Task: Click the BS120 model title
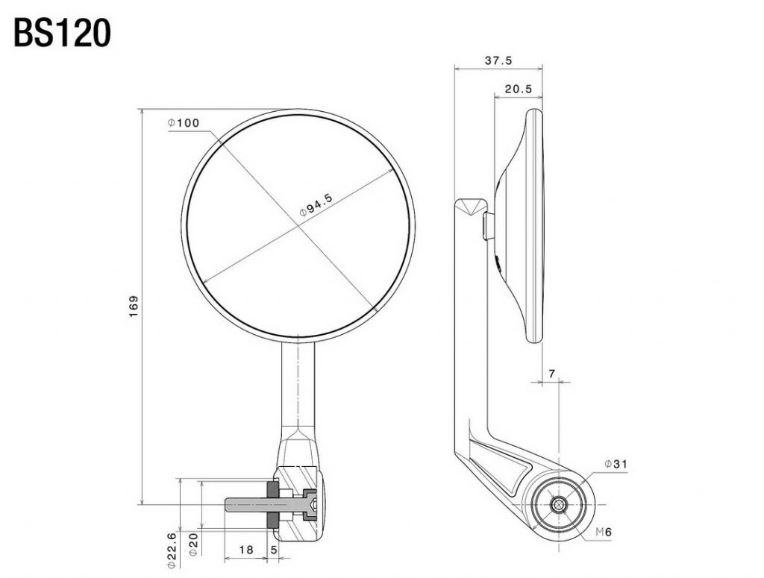point(62,33)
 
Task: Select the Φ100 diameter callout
point(184,123)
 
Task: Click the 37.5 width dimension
point(498,60)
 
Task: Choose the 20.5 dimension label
point(519,89)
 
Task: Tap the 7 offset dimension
point(551,374)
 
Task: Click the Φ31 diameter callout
point(616,464)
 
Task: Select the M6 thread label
point(603,533)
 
